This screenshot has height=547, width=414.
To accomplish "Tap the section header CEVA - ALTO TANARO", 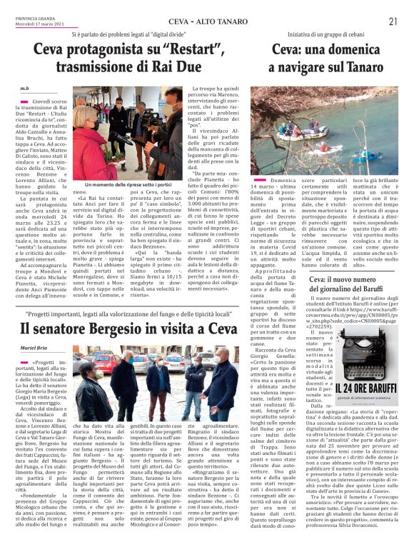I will click(x=184, y=21).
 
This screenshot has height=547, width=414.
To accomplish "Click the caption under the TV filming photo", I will click(x=128, y=185).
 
